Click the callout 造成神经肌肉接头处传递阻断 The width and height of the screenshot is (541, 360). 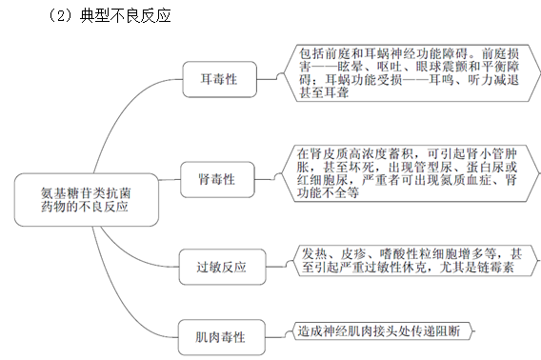click(378, 331)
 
